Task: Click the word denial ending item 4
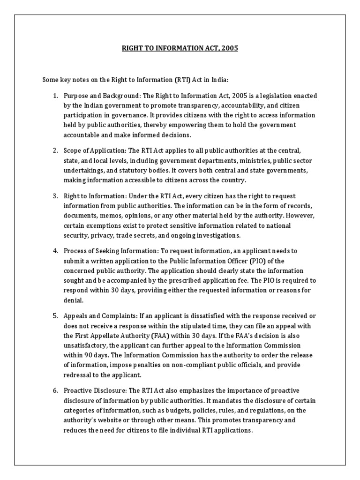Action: [x=73, y=300]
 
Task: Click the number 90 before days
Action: [x=90, y=355]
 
